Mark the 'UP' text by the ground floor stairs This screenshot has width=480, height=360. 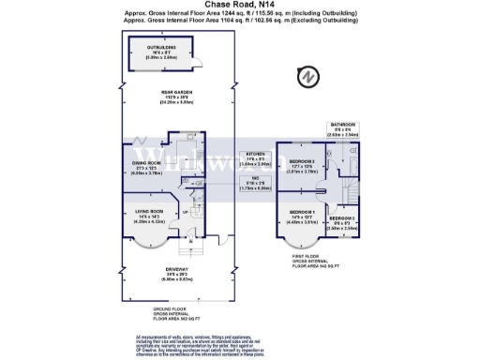pyautogui.click(x=185, y=213)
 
